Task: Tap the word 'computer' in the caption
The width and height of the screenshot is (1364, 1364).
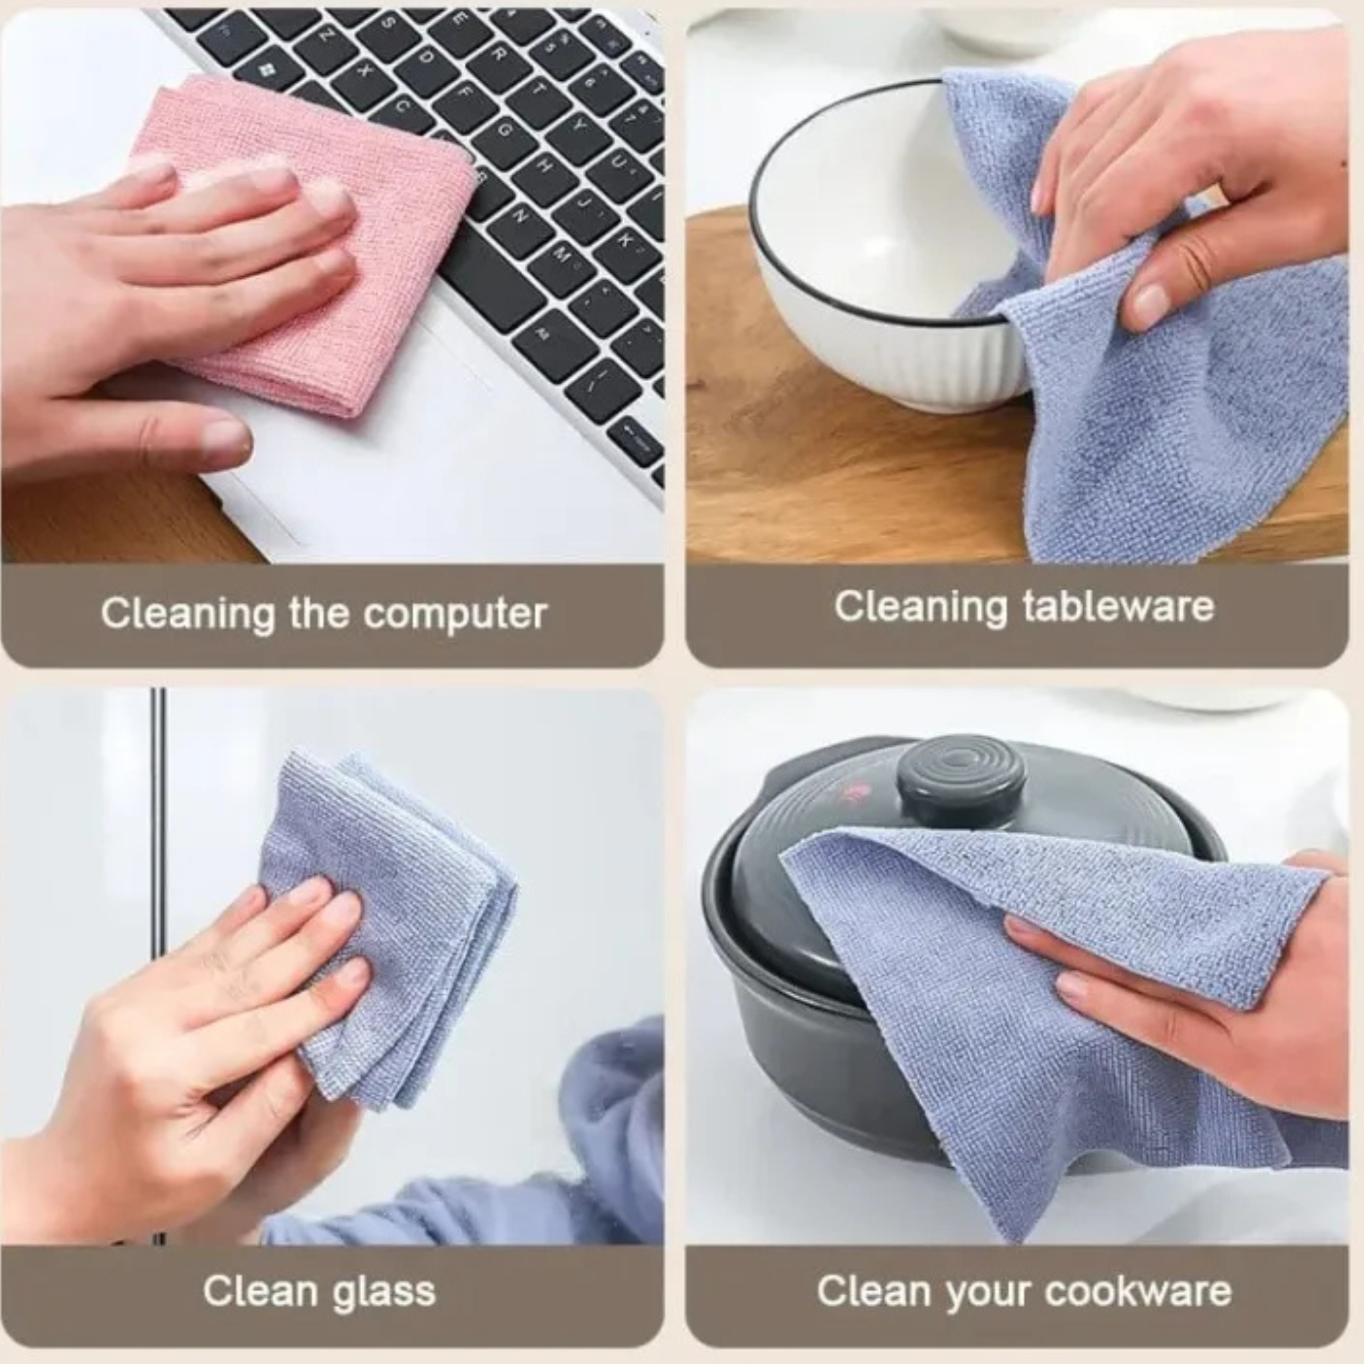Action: (x=455, y=614)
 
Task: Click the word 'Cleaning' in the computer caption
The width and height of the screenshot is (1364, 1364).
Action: (x=187, y=613)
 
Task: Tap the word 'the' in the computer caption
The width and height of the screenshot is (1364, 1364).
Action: (x=318, y=613)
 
